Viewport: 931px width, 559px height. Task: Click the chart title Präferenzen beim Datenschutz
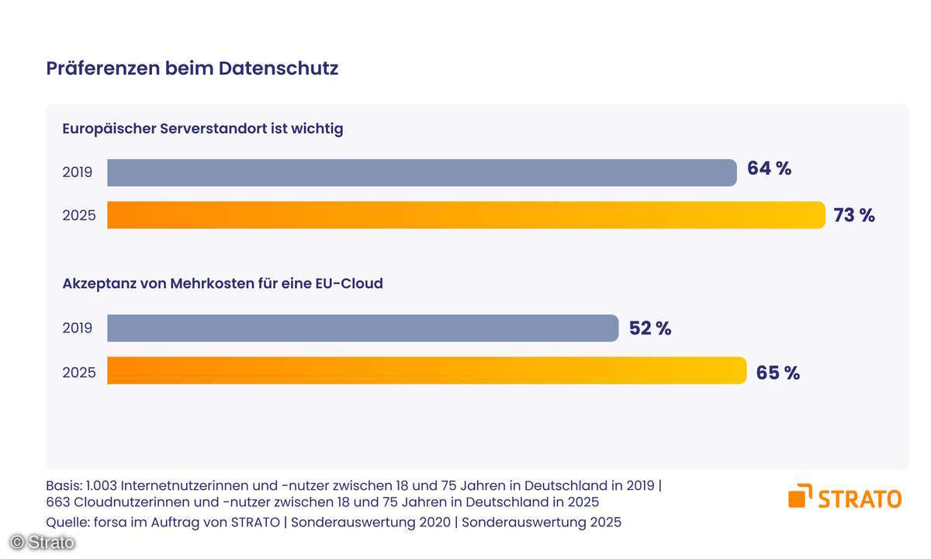tap(192, 68)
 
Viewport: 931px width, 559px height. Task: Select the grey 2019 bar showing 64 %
tap(421, 172)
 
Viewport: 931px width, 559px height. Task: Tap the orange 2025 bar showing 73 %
tap(465, 215)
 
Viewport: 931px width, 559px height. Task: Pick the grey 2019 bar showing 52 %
tap(362, 328)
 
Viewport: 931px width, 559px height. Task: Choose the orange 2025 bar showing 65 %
tap(427, 371)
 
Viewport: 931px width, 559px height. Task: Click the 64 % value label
tap(769, 168)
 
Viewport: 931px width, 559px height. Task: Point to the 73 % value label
tap(853, 216)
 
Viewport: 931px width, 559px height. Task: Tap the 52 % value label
tap(649, 328)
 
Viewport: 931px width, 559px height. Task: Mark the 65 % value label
tap(777, 373)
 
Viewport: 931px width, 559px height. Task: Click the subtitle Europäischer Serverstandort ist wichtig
tap(202, 129)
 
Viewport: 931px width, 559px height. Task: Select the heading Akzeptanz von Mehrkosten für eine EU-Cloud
tap(223, 284)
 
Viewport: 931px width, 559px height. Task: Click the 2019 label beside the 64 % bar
tap(78, 172)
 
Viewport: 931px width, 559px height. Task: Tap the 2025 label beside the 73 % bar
tap(79, 216)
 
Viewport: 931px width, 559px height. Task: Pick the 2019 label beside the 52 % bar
tap(78, 328)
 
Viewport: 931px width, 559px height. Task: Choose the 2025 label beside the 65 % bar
tap(79, 373)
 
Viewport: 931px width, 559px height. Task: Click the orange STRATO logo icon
tap(800, 495)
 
